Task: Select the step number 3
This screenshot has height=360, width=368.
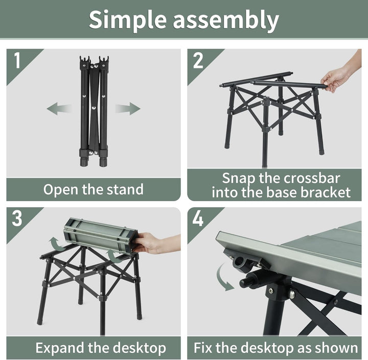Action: (x=17, y=219)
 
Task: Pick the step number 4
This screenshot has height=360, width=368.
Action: (x=198, y=219)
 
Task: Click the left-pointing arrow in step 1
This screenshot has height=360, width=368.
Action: (x=59, y=108)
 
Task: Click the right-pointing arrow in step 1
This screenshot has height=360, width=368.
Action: (x=127, y=108)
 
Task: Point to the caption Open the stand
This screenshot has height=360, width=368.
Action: (x=93, y=189)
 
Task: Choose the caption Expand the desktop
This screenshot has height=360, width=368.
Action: (x=100, y=348)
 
